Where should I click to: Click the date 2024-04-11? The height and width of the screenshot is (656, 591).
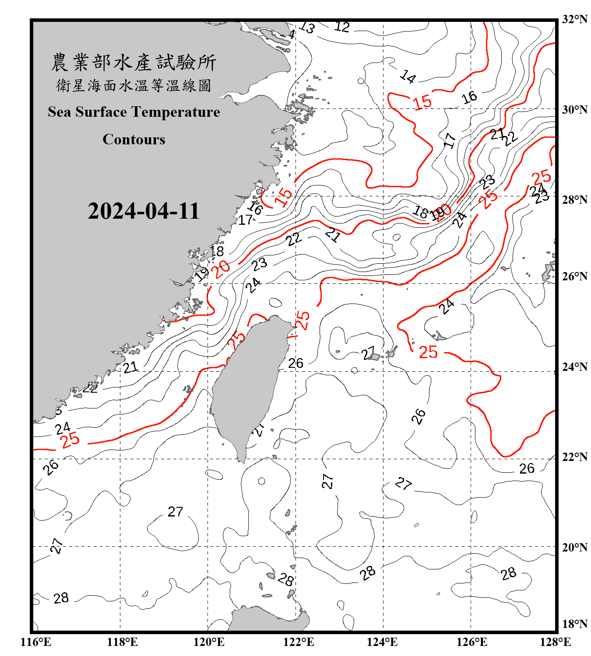tap(144, 211)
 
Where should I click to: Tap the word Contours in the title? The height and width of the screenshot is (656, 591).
tap(134, 140)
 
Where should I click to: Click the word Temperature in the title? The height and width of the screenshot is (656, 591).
tap(175, 112)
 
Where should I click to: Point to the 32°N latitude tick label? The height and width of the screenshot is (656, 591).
tap(575, 19)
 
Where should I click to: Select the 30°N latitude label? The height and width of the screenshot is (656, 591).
tap(575, 109)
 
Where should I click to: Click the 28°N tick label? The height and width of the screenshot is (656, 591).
tap(575, 200)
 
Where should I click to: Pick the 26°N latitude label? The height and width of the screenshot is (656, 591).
tap(575, 276)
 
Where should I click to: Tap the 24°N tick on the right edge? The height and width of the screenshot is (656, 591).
tap(575, 367)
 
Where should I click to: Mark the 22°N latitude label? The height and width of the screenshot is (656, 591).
tap(575, 457)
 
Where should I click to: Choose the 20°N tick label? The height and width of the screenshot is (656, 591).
tap(575, 547)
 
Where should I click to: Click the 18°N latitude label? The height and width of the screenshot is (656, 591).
tap(575, 624)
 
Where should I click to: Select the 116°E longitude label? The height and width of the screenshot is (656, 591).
tap(36, 642)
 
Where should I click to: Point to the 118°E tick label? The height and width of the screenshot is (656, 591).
tap(122, 642)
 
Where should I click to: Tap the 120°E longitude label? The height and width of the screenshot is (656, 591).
tap(209, 642)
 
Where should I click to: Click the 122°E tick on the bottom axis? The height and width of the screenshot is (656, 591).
tap(299, 642)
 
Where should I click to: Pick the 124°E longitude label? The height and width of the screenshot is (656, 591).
tap(382, 642)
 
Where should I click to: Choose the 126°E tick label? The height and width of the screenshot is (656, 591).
tap(471, 642)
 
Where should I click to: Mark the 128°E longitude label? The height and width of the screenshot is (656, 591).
tap(555, 642)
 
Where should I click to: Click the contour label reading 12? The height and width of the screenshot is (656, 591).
tap(342, 27)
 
